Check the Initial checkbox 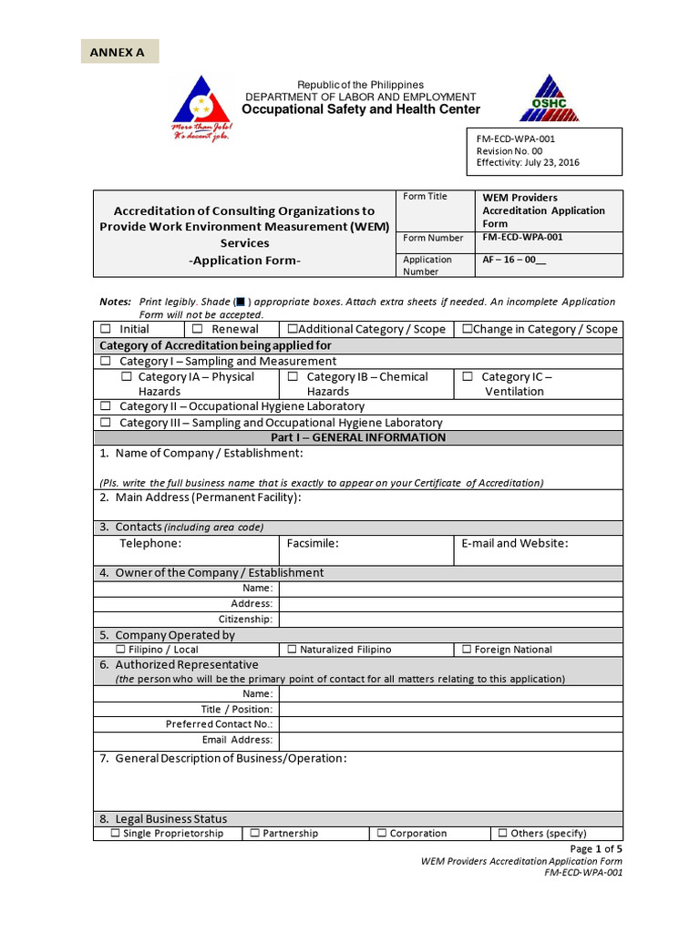click(106, 329)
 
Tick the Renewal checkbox click(198, 329)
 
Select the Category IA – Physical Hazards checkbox click(127, 376)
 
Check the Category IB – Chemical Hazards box click(293, 376)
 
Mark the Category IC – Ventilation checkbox click(468, 376)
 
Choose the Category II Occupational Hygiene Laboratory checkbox click(106, 406)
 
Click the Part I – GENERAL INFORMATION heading click(358, 437)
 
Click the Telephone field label click(150, 543)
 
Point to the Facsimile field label click(313, 543)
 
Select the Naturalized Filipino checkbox click(292, 650)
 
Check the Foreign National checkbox click(467, 650)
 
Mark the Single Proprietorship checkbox click(115, 833)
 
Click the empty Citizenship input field click(450, 620)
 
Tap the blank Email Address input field click(450, 740)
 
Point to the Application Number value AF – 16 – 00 click(515, 259)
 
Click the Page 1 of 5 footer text click(596, 848)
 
